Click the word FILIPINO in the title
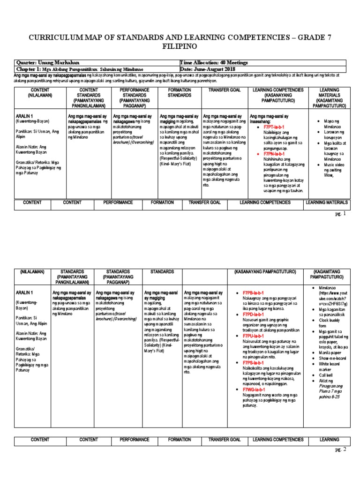point(180,47)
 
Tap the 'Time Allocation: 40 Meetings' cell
point(211,63)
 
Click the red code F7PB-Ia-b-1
point(254,292)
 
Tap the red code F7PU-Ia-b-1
point(254,336)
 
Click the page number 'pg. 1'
point(341,214)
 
